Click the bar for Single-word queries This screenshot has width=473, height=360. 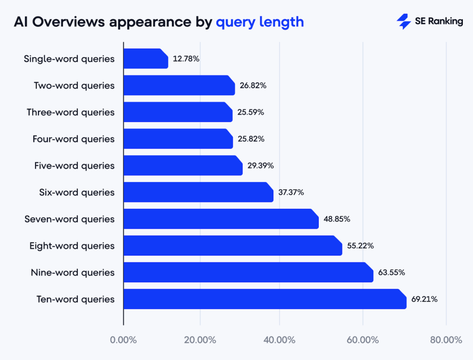pos(146,59)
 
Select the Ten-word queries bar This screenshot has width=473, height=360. pos(264,299)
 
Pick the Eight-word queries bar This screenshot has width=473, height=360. pos(232,246)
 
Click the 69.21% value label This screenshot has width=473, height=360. pos(424,299)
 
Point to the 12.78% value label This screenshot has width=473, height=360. pos(186,59)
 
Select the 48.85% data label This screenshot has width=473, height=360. pos(337,219)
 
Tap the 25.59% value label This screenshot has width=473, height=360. pos(250,112)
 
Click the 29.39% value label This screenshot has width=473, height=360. pos(260,165)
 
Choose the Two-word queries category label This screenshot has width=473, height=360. pos(74,85)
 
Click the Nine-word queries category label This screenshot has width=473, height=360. pos(72,272)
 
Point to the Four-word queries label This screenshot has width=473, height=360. pos(73,139)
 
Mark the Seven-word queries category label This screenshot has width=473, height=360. pos(69,219)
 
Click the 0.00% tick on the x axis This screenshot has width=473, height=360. pos(123,340)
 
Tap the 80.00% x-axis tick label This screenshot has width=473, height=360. pos(445,340)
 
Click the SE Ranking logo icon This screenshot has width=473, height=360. pos(404,21)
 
